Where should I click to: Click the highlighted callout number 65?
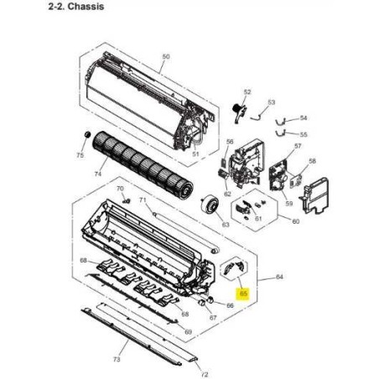243,293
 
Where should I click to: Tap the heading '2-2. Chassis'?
76,7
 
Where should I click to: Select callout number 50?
166,56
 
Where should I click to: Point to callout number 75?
80,155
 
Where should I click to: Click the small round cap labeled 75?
88,134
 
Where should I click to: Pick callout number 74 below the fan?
98,174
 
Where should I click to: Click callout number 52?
247,92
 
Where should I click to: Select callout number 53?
272,102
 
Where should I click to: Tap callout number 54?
304,118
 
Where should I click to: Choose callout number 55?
304,135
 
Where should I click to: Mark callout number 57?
298,146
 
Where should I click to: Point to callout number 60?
296,221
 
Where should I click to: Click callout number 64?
279,277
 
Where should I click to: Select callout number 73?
117,359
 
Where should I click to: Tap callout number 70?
120,189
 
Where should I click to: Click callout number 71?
143,200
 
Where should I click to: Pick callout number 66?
230,305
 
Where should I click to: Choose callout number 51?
195,153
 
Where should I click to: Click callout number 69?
189,332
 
